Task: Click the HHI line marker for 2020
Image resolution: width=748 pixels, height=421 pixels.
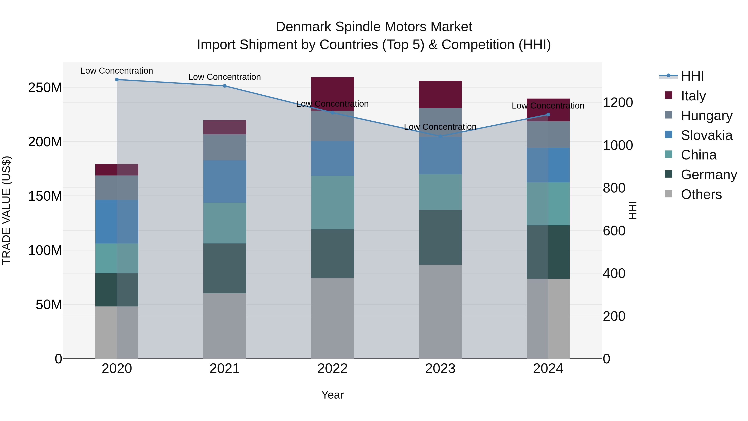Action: point(117,79)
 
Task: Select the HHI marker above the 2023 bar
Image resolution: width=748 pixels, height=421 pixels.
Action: point(440,136)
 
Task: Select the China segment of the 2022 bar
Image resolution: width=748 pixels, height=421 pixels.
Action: point(332,202)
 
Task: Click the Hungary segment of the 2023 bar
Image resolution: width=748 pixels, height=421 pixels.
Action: point(440,122)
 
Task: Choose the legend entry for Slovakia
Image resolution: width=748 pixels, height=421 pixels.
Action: point(706,135)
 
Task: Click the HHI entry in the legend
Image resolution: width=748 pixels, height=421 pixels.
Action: point(692,76)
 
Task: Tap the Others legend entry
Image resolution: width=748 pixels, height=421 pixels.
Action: point(701,194)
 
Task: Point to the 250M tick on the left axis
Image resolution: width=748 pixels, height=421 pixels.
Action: point(45,88)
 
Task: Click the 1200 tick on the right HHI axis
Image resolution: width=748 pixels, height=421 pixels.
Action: point(618,102)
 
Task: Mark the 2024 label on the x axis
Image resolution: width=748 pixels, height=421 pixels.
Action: point(548,369)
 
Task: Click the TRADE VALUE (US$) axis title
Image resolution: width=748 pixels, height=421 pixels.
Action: point(6,210)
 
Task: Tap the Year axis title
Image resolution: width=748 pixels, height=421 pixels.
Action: point(332,395)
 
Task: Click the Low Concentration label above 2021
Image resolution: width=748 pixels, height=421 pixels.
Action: point(224,77)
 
